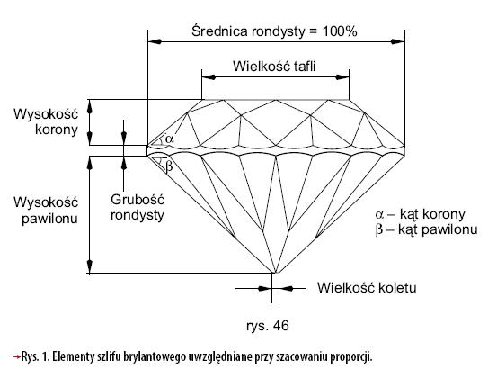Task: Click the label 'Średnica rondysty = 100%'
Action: tap(274, 31)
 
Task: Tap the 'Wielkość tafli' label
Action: tap(274, 67)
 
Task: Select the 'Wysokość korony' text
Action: tap(46, 121)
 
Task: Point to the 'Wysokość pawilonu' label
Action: tap(46, 211)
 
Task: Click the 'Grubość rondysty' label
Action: tap(138, 207)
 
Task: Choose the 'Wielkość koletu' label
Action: tap(367, 288)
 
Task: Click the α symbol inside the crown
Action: tap(169, 139)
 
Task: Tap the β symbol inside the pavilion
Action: tap(169, 166)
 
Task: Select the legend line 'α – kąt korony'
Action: tap(421, 214)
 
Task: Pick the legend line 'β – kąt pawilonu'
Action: tap(426, 230)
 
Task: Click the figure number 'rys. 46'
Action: tap(268, 326)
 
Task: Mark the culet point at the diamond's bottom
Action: tap(275, 273)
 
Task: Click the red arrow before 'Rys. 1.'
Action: tap(16, 356)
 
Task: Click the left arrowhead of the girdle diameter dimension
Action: tap(155, 41)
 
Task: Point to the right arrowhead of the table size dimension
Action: tap(342, 77)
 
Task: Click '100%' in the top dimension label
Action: tap(340, 31)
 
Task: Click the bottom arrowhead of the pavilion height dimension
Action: tap(90, 266)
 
